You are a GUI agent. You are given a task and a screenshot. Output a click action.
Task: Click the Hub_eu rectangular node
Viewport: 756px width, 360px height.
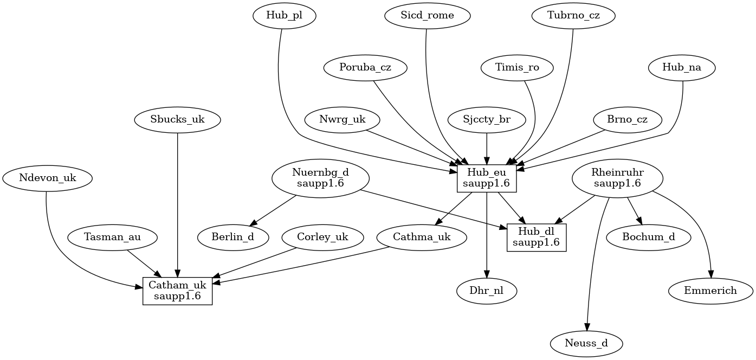[487, 178]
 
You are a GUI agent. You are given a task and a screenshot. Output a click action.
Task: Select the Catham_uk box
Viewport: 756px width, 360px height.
[177, 291]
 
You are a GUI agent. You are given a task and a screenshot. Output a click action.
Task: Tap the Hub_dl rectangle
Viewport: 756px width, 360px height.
[537, 237]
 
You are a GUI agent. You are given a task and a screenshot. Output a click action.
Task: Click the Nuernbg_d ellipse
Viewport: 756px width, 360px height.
[320, 178]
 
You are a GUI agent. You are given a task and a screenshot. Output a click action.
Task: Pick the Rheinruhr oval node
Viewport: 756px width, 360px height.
[617, 178]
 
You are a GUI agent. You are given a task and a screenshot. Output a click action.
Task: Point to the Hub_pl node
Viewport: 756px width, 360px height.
[285, 16]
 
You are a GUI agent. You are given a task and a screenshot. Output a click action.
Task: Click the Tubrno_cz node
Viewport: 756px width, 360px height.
[574, 16]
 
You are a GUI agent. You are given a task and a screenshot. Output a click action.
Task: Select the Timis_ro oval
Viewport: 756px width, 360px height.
[518, 68]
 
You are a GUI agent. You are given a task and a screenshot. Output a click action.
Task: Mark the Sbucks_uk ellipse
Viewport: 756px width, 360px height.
[178, 120]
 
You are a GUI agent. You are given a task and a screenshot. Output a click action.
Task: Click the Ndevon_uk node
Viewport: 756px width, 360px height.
[47, 178]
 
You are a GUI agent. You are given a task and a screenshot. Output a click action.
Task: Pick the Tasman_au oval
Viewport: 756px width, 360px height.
[113, 237]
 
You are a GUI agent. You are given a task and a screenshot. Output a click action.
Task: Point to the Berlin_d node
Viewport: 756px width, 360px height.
[233, 237]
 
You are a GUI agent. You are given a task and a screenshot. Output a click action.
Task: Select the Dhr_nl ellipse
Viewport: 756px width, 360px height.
[487, 291]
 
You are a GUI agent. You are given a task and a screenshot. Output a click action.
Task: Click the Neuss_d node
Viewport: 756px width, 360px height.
[586, 344]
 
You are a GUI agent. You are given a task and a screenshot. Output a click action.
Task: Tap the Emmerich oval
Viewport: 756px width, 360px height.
[710, 291]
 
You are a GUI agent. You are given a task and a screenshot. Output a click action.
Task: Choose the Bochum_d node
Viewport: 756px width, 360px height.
[649, 237]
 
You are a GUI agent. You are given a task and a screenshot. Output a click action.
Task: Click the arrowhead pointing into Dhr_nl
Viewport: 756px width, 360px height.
[487, 274]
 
